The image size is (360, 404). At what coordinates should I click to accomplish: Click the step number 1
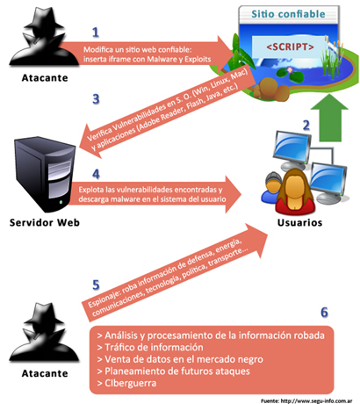96,32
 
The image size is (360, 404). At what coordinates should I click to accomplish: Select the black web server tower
41,173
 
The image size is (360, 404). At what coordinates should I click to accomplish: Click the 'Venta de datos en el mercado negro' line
184,358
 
